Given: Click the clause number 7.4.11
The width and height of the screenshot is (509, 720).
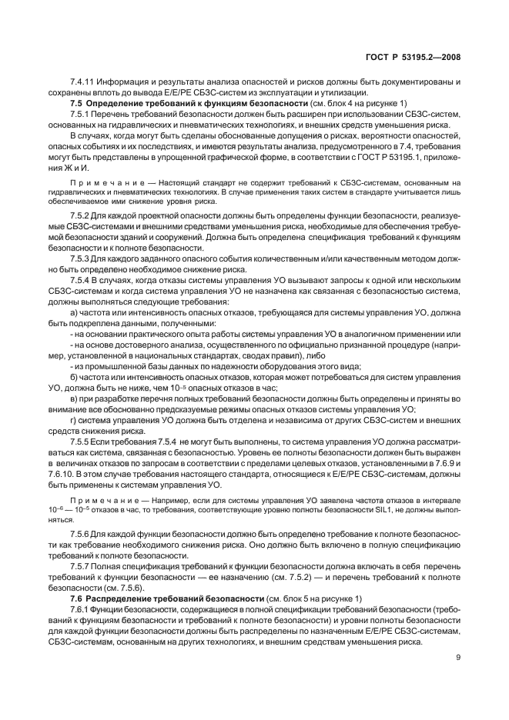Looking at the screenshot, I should [83, 82].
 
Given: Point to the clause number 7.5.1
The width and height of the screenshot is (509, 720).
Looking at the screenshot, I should [80, 114].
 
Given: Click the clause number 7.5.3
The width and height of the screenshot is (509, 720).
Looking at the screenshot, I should [80, 271].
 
